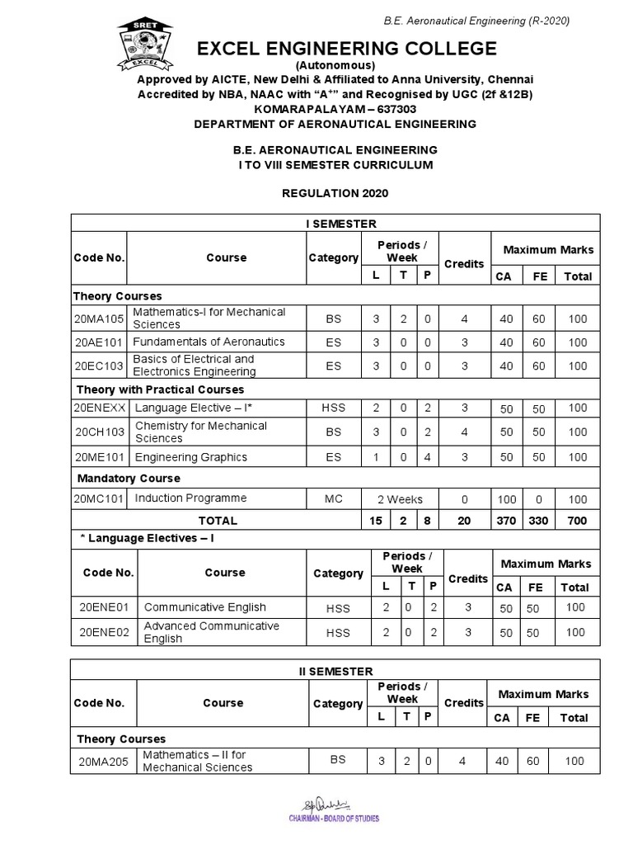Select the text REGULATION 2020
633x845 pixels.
pyautogui.click(x=335, y=193)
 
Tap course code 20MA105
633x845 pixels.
pyautogui.click(x=100, y=319)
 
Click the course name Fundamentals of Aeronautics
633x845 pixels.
pyautogui.click(x=209, y=342)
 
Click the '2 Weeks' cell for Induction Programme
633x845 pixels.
pyautogui.click(x=400, y=499)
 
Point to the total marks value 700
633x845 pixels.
pyautogui.click(x=577, y=521)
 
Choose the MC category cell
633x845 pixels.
pyautogui.click(x=333, y=499)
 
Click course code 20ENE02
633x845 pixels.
pyautogui.click(x=104, y=632)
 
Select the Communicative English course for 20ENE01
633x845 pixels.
pyautogui.click(x=205, y=607)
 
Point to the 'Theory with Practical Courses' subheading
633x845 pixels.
pyautogui.click(x=160, y=389)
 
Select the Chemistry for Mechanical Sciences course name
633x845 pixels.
pyautogui.click(x=200, y=432)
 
